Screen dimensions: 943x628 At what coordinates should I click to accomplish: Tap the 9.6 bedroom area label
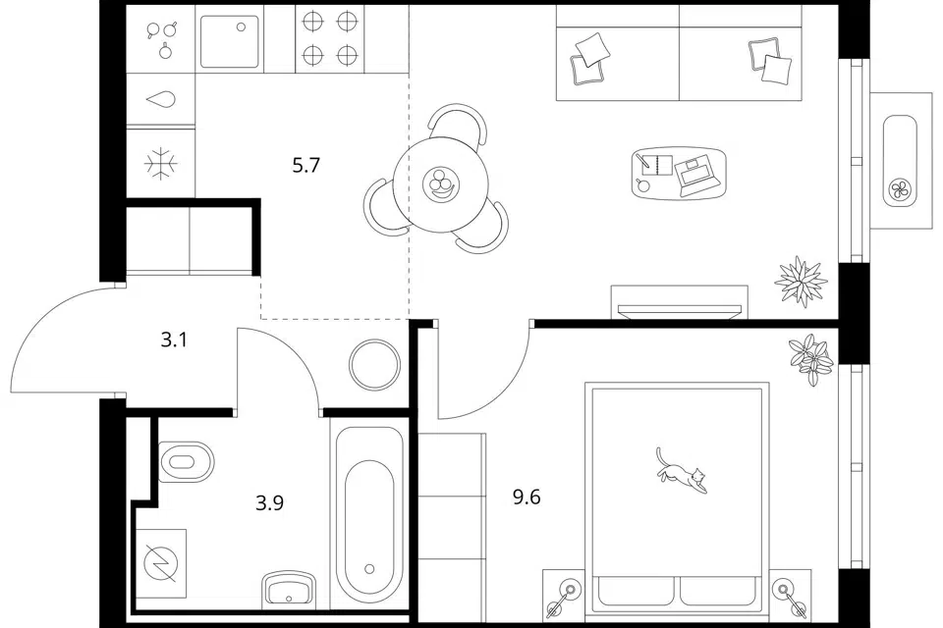[527, 497]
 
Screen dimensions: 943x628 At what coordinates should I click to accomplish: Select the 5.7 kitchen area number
[306, 165]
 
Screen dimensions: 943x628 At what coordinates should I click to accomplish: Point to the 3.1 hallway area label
[175, 340]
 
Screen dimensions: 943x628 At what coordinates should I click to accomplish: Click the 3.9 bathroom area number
[269, 502]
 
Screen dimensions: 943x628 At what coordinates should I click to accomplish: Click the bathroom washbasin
[289, 588]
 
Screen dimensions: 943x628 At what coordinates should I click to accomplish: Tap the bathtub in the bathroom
[369, 515]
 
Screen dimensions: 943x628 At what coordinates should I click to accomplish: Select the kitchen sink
[230, 41]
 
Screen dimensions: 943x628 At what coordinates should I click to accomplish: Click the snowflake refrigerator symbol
[160, 163]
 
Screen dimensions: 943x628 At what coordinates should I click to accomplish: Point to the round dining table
[440, 184]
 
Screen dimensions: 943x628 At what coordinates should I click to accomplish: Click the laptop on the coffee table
[696, 176]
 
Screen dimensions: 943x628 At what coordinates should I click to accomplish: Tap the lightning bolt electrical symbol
[161, 564]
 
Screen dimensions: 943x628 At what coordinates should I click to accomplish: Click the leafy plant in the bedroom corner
[810, 359]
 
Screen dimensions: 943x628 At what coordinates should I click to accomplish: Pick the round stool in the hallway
[374, 364]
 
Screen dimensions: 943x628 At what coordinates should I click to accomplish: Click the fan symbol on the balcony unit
[901, 191]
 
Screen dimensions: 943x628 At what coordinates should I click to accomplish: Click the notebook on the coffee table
[657, 164]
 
